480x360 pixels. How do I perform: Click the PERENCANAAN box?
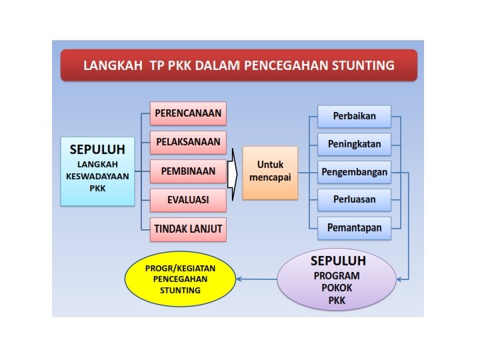click(x=188, y=113)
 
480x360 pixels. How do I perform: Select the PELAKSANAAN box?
click(x=188, y=142)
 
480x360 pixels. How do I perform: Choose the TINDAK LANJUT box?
click(x=188, y=229)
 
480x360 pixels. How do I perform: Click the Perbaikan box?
click(x=353, y=116)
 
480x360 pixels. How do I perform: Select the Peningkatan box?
click(x=353, y=144)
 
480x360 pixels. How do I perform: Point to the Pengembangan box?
click(x=353, y=172)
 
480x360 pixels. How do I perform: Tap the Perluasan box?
click(x=353, y=199)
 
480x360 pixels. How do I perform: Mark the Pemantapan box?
click(x=353, y=228)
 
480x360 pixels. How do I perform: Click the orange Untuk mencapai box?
click(x=270, y=172)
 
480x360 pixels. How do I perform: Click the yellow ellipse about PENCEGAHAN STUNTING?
click(x=180, y=279)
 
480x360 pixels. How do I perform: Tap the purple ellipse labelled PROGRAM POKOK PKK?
click(x=337, y=280)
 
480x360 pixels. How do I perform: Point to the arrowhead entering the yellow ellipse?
click(x=240, y=279)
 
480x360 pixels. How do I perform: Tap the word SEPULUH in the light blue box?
click(x=102, y=149)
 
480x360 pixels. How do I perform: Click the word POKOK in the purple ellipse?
click(x=337, y=288)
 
